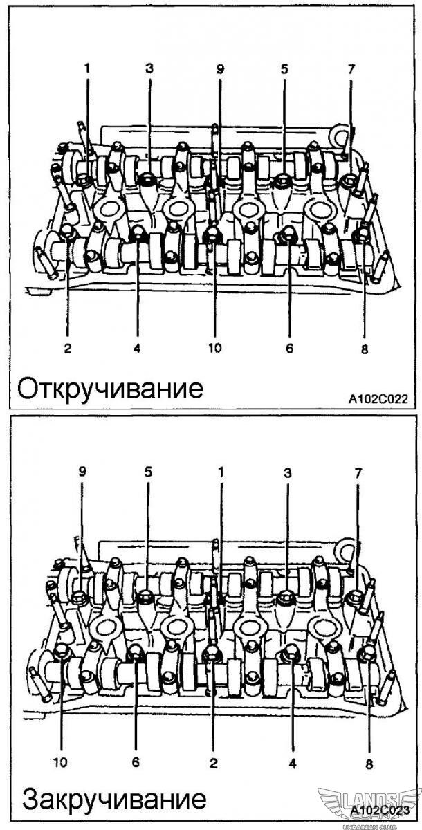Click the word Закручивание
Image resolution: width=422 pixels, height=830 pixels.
[x=114, y=800]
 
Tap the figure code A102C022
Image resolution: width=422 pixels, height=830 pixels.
[x=378, y=399]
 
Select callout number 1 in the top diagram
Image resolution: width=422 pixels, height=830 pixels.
[x=88, y=68]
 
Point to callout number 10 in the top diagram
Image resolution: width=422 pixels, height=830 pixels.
[x=214, y=348]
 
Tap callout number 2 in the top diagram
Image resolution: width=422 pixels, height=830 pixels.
[x=68, y=349]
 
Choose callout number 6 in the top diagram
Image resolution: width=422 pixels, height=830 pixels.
[x=289, y=348]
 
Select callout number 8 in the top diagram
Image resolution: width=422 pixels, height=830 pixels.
[x=365, y=349]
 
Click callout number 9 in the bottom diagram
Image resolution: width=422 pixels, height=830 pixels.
[x=82, y=472]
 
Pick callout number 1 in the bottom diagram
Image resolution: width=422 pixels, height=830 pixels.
[x=221, y=472]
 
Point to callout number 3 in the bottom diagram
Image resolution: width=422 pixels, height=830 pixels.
[x=288, y=472]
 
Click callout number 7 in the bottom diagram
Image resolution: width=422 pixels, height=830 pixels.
[x=358, y=472]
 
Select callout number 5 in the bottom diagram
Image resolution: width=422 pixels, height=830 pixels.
[x=147, y=472]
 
